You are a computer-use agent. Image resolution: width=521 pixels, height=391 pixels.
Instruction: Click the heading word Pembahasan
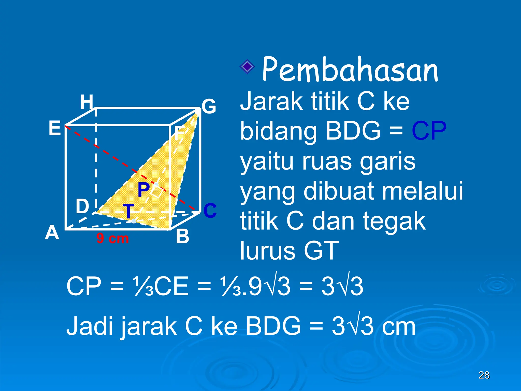[350, 69]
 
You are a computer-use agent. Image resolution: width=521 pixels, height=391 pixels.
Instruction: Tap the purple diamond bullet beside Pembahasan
[247, 67]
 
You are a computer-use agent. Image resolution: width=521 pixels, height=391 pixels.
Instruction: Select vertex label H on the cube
[86, 102]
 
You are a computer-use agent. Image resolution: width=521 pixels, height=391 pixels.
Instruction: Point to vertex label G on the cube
[209, 106]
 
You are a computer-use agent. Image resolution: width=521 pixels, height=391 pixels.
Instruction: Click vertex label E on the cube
[55, 128]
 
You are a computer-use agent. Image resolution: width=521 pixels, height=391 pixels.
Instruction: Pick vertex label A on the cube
[52, 233]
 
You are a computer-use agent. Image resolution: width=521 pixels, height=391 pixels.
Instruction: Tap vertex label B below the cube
[182, 236]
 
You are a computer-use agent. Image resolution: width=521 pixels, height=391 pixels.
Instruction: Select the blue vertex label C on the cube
[210, 211]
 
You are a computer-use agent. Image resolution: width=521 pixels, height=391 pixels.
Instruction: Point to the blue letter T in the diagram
[128, 211]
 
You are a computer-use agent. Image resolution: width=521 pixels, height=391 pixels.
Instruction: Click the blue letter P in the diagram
[144, 190]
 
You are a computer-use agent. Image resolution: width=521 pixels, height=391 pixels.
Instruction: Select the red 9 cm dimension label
[112, 239]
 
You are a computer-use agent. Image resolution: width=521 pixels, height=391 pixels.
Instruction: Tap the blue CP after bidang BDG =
[429, 131]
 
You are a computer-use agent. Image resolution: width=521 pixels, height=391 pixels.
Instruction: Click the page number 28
[484, 375]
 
